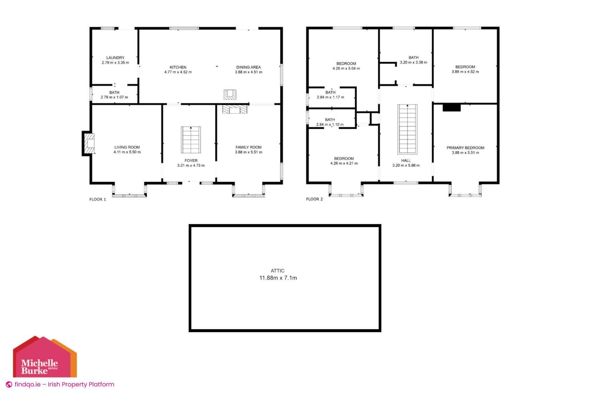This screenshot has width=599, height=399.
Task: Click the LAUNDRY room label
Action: click(x=115, y=58)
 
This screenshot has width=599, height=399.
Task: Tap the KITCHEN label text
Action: click(x=178, y=67)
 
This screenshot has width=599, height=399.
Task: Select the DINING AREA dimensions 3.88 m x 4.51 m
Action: click(x=248, y=72)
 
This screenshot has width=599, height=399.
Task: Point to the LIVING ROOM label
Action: click(x=127, y=147)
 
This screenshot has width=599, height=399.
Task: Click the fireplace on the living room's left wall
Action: click(x=89, y=143)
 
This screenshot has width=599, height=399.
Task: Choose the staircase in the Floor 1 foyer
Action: click(x=191, y=140)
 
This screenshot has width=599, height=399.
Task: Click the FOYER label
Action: click(x=191, y=161)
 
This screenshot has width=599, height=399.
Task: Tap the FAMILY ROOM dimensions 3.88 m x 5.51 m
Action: click(x=248, y=152)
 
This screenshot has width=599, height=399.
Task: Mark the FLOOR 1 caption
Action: click(x=98, y=199)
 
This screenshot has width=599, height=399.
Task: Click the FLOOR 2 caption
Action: click(x=314, y=199)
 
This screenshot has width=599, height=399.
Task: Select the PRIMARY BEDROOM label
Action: click(x=465, y=148)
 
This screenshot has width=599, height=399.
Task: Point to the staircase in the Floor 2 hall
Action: click(x=407, y=129)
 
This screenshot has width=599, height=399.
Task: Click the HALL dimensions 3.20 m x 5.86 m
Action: click(x=406, y=166)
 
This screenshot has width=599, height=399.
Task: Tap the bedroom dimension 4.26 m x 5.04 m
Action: click(x=346, y=69)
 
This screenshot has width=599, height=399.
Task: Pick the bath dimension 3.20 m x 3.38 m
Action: click(x=413, y=62)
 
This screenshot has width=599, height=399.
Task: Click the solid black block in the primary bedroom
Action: click(x=451, y=108)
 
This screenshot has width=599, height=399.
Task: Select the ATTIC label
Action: click(x=277, y=271)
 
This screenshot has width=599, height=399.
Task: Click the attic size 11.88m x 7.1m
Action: click(x=278, y=278)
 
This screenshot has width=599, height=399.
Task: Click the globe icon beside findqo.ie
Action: click(x=9, y=385)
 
